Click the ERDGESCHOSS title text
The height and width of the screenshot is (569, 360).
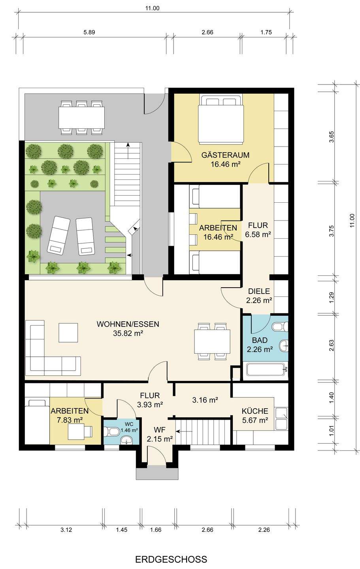click(x=171, y=559)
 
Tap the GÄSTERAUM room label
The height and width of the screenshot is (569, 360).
click(x=225, y=155)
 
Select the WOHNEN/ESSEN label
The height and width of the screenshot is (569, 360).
click(x=128, y=324)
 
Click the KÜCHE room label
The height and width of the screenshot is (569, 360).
click(x=255, y=411)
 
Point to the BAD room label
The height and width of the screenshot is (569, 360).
click(x=260, y=340)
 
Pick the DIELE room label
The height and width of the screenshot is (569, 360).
click(x=259, y=291)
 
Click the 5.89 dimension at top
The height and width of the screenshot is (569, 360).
click(x=89, y=32)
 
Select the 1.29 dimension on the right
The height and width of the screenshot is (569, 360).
click(x=331, y=298)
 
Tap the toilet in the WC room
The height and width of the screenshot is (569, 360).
click(x=112, y=431)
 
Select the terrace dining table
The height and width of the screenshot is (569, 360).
click(x=81, y=118)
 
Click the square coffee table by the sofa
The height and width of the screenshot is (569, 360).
click(x=68, y=333)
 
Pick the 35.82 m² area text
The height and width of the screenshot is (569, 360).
click(x=128, y=333)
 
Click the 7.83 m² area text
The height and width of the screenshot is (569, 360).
click(x=70, y=420)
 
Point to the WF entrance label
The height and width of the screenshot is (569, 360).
click(x=160, y=430)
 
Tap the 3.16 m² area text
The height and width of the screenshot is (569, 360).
click(x=205, y=400)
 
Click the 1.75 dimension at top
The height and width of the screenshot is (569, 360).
click(x=266, y=32)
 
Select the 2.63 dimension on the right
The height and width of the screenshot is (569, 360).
click(x=331, y=345)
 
